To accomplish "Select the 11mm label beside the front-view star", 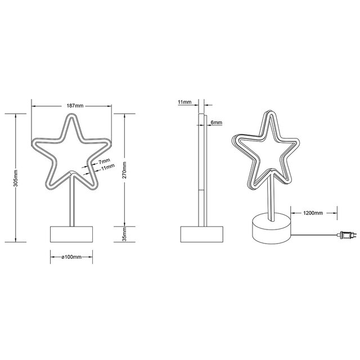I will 107,166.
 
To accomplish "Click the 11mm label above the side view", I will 184,102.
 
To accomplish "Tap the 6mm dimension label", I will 216,122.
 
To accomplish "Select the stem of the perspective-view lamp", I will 269,197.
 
